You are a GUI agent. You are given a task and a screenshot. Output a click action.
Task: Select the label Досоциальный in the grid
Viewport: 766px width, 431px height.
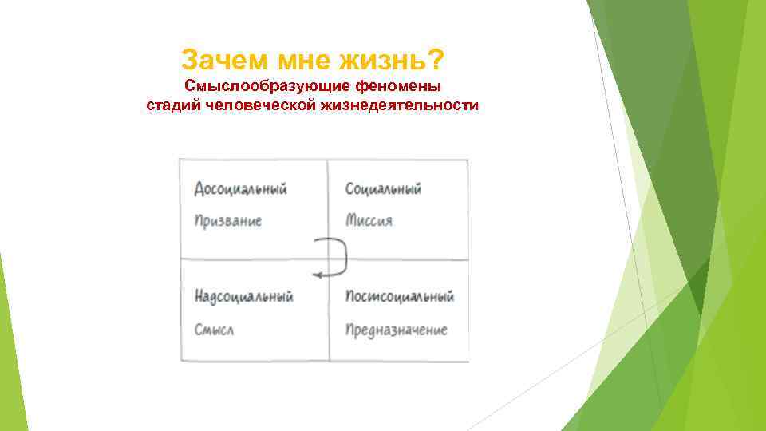(x=240, y=189)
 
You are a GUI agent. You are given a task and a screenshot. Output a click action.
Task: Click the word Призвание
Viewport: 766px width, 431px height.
(x=227, y=220)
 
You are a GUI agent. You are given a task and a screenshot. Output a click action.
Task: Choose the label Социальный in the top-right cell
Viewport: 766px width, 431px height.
(x=383, y=189)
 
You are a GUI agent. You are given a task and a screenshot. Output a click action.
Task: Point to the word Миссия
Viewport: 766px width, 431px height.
(x=369, y=220)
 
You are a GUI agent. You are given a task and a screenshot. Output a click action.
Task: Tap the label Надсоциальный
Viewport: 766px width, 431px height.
(x=243, y=297)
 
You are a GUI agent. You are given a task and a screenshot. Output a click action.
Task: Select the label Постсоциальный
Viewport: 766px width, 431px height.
(x=400, y=297)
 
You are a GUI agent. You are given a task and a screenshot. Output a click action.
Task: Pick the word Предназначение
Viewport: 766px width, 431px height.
(x=397, y=329)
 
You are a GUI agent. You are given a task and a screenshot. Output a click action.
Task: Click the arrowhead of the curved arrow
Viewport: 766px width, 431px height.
(x=316, y=275)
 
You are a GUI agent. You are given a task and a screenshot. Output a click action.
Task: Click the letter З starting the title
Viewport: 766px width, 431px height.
(x=189, y=59)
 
